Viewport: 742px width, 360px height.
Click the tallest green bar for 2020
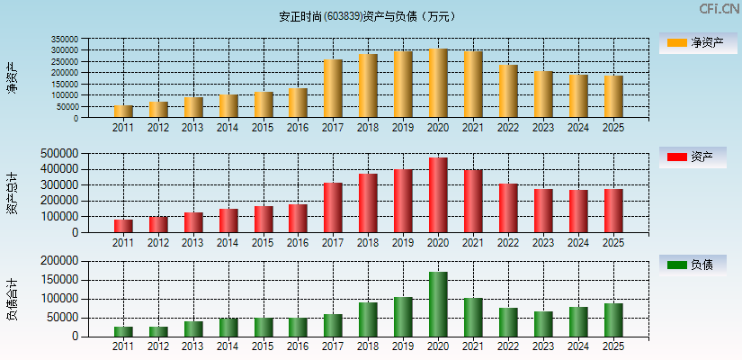click(x=438, y=304)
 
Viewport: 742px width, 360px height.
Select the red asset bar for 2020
click(x=438, y=195)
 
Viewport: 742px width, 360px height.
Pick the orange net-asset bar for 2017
click(x=333, y=88)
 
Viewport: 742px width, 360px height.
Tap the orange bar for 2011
click(x=123, y=112)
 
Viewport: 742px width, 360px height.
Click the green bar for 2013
click(x=193, y=328)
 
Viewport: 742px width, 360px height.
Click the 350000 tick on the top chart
click(x=90, y=40)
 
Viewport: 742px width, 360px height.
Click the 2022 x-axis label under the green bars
click(x=508, y=346)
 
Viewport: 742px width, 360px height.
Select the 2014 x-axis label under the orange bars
click(x=228, y=128)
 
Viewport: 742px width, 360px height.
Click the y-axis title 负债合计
click(x=12, y=298)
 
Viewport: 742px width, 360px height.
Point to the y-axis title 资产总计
click(x=12, y=193)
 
